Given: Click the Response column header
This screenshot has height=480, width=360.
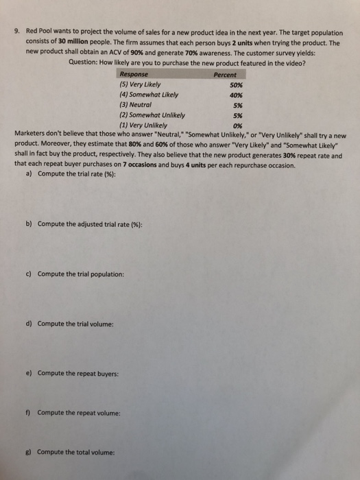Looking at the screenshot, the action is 134,75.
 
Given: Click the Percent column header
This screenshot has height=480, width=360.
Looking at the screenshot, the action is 225,75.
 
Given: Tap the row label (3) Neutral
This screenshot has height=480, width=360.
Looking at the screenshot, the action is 135,106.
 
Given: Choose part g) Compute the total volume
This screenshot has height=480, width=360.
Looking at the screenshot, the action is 75,453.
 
